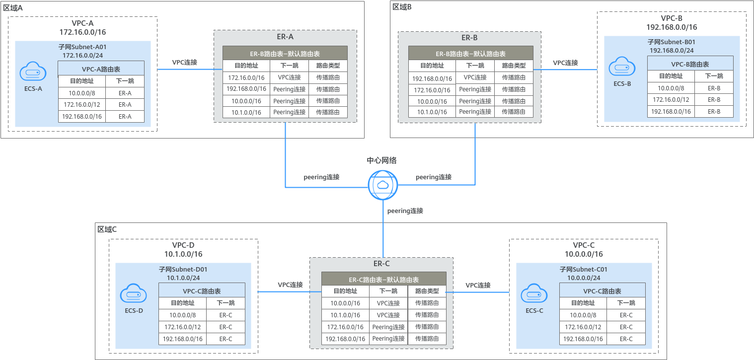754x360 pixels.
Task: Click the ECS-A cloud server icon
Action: (x=33, y=71)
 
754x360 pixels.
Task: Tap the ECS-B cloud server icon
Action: (x=622, y=66)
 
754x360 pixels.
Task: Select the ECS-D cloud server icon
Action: (x=133, y=293)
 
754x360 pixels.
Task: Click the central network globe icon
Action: (x=383, y=185)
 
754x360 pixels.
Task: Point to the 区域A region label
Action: (x=13, y=8)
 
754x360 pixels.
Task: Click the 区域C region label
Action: (x=107, y=229)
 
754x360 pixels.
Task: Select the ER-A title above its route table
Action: (x=285, y=37)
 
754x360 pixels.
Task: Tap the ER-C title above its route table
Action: (x=381, y=264)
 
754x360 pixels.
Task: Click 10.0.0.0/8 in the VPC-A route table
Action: (x=82, y=93)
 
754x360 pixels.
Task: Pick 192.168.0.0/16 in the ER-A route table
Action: (x=246, y=89)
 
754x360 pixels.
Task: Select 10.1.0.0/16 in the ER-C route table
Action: (x=345, y=315)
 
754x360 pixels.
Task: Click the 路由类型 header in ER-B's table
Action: (x=514, y=66)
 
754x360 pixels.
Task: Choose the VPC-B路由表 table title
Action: (x=690, y=64)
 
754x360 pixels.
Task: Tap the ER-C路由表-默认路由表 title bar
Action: (x=384, y=280)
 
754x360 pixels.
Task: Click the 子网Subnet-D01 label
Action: (x=183, y=270)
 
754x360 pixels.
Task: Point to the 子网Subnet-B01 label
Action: (x=672, y=42)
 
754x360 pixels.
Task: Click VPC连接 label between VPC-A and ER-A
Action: (x=185, y=62)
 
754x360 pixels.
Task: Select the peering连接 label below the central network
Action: (x=405, y=211)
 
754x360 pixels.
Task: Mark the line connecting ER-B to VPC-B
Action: (x=565, y=70)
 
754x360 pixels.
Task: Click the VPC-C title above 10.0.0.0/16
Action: (x=584, y=245)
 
